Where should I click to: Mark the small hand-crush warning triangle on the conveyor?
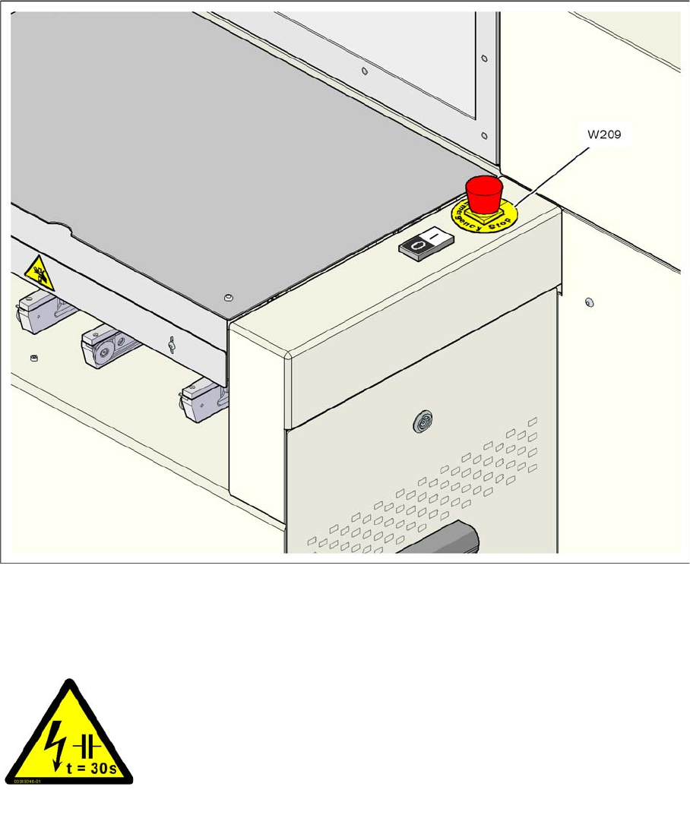tap(38, 271)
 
